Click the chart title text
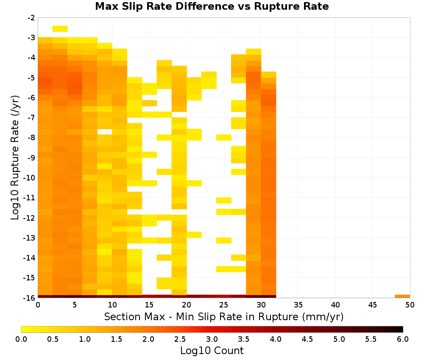pos(212,6)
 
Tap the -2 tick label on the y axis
pos(31,18)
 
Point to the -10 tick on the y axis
pos(30,178)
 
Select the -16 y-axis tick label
pos(30,298)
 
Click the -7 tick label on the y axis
pos(31,118)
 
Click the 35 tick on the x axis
pos(298,305)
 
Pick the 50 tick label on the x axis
pos(410,305)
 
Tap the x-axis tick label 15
pos(149,305)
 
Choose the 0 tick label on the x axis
pos(38,305)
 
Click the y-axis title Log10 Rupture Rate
pos(15,158)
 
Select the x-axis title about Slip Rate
pos(224,316)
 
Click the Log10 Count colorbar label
pos(212,351)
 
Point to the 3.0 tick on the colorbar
pos(212,339)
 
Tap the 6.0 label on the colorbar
pos(403,339)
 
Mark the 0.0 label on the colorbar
pos(21,339)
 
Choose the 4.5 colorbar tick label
pos(307,339)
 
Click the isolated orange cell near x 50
pos(402,296)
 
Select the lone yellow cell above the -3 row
pos(60,29)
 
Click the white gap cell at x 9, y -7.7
pos(105,132)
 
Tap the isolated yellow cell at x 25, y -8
pos(224,138)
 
